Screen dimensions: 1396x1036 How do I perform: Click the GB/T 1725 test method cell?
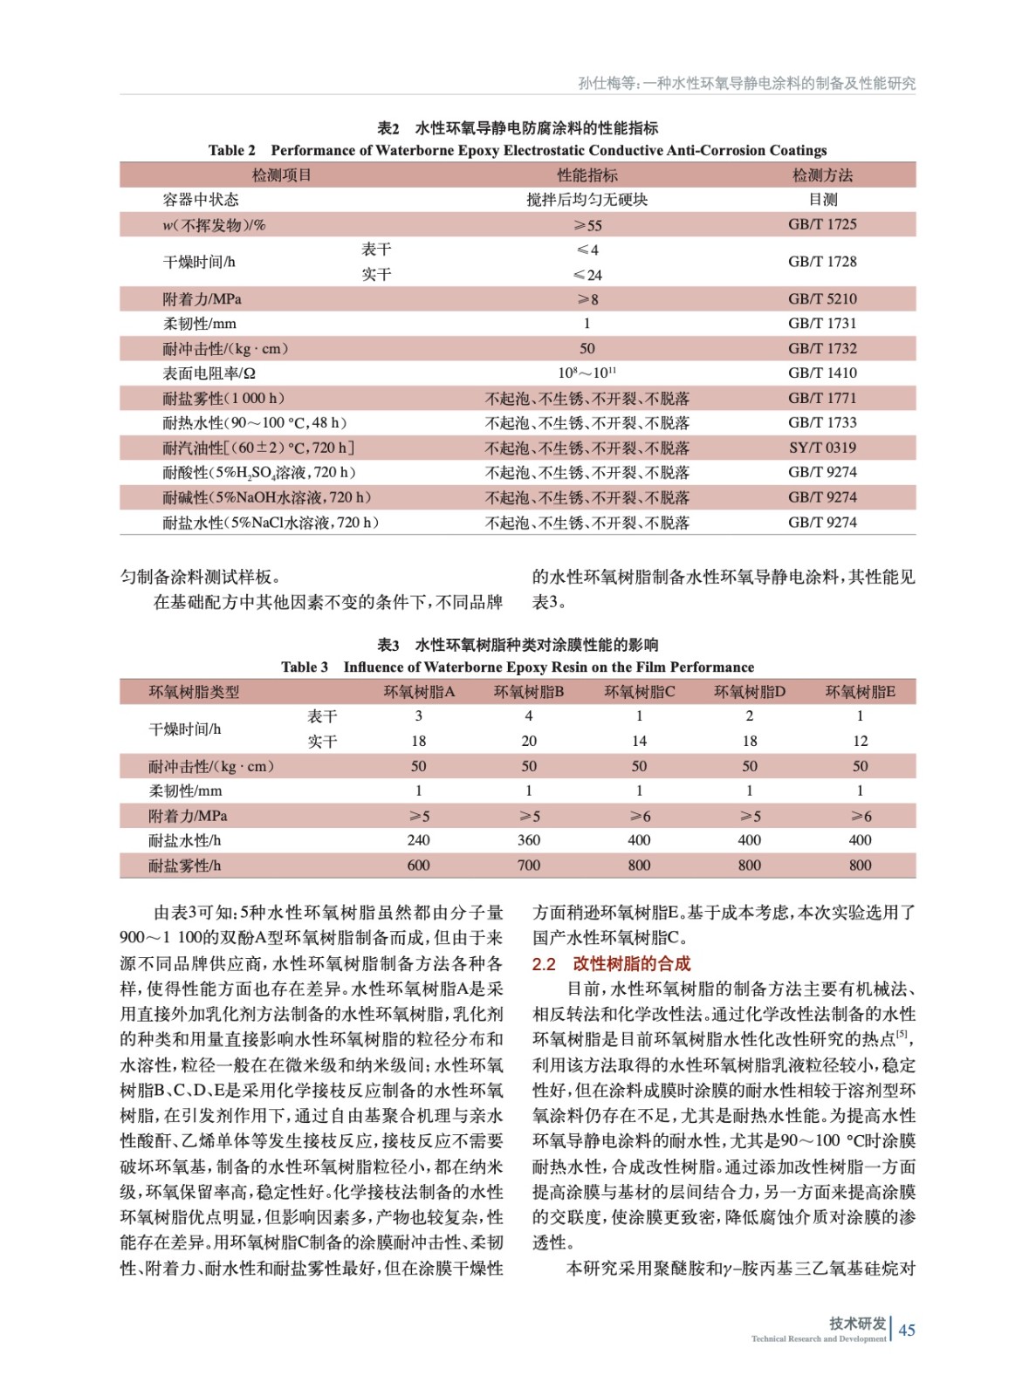pos(822,224)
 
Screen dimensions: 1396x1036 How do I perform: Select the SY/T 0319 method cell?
pos(822,448)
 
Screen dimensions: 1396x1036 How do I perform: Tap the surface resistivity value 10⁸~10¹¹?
pos(587,373)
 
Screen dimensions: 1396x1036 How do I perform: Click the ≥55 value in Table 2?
pos(587,225)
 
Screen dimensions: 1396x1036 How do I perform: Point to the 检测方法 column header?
pos(822,175)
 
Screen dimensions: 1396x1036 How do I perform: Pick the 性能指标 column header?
pos(587,175)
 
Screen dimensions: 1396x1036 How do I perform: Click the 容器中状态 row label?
pos(200,200)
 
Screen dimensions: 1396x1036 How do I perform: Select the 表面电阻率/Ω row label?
pos(209,373)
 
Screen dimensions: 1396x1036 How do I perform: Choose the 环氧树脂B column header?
pos(529,692)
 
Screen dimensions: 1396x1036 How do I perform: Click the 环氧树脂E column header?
pos(860,692)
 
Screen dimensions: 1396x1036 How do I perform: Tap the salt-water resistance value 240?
pos(418,840)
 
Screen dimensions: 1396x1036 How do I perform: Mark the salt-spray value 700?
pos(529,866)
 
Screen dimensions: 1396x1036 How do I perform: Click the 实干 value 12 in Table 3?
pos(860,741)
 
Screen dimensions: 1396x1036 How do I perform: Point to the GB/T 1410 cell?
pos(822,373)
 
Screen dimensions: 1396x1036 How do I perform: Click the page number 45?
pos(907,1330)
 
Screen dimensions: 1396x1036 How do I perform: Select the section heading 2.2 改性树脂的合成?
pos(611,963)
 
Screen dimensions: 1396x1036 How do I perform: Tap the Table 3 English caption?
pos(517,667)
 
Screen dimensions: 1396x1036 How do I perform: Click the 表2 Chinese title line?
pos(517,128)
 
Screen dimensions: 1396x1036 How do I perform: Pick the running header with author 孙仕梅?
pos(746,84)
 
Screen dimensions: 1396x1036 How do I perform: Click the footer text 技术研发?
pos(857,1324)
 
